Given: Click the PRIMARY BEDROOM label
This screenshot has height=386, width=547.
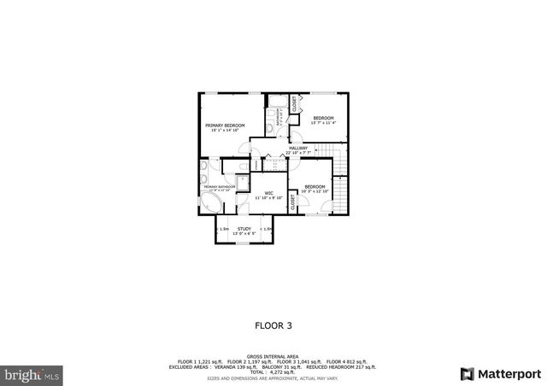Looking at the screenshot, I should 225,126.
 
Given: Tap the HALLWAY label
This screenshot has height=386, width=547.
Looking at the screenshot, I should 297,149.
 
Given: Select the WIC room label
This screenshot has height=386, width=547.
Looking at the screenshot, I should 268,193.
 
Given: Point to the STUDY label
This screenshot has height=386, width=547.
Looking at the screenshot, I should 244,229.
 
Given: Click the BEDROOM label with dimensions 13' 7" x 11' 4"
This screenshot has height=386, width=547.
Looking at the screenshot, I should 323,118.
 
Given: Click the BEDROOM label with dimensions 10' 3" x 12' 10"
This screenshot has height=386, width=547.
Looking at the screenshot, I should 315,186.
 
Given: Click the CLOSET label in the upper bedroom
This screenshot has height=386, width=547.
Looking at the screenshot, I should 294,104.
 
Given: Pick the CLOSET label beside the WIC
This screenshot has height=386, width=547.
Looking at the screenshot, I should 292,202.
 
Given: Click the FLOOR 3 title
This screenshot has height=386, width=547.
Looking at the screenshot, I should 273,325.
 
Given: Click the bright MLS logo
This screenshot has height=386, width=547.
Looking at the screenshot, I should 32,374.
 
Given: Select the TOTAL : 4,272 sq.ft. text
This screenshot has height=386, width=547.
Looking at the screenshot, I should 273,371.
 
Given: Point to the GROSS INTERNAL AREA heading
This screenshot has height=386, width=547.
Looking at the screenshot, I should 273,355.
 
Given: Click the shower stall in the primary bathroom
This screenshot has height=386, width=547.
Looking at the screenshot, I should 242,181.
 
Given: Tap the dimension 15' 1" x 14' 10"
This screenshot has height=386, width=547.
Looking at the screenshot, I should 225,131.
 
